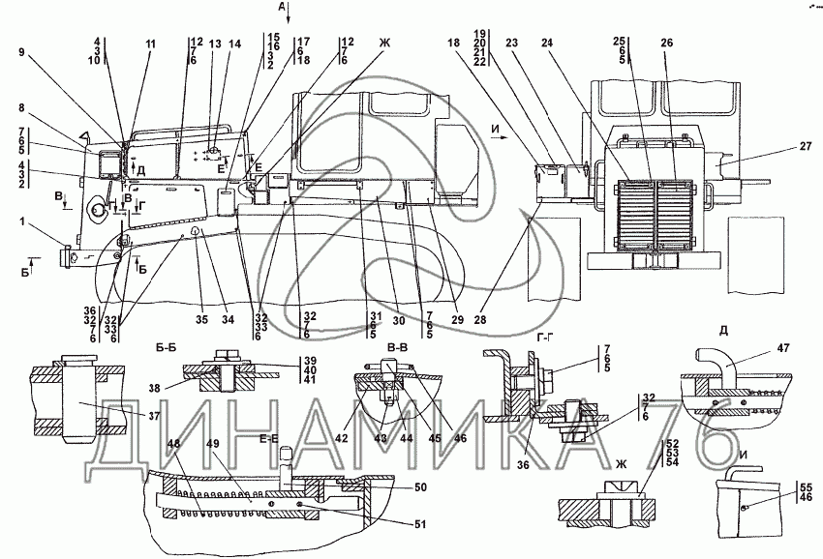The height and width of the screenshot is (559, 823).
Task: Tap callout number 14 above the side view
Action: click(231, 44)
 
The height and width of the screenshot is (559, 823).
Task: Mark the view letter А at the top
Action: click(282, 8)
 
